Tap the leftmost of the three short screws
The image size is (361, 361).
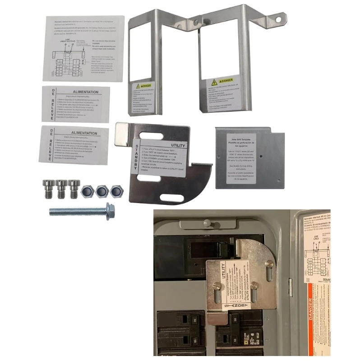48,188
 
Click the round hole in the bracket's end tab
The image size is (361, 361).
279,19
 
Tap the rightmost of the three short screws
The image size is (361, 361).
73,188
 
